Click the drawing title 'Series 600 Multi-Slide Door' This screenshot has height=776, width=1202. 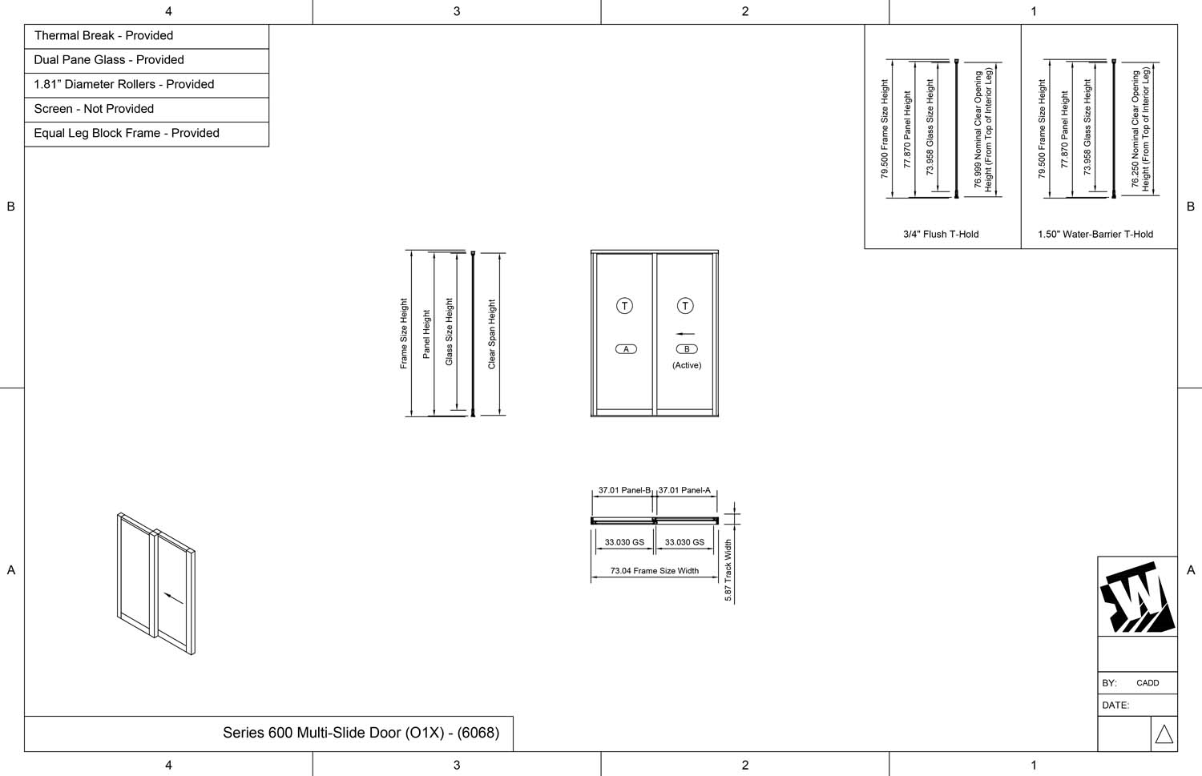pyautogui.click(x=361, y=733)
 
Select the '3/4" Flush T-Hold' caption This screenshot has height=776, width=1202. pyautogui.click(x=941, y=235)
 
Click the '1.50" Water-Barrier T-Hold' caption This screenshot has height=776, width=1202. pyautogui.click(x=1095, y=235)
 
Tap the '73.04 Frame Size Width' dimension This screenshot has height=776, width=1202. pyautogui.click(x=654, y=571)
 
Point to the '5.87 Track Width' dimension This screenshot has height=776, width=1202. pyautogui.click(x=728, y=570)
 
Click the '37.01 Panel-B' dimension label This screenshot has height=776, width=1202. pyautogui.click(x=624, y=490)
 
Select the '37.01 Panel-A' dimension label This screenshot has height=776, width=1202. pyautogui.click(x=684, y=490)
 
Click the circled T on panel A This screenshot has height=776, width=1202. pyautogui.click(x=624, y=306)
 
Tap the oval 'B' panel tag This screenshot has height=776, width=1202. pyautogui.click(x=687, y=349)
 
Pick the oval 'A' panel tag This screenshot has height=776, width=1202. pyautogui.click(x=626, y=349)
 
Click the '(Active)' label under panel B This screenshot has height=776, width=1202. pyautogui.click(x=687, y=365)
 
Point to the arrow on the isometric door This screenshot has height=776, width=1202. pyautogui.click(x=172, y=597)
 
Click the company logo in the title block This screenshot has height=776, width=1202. pyautogui.click(x=1137, y=597)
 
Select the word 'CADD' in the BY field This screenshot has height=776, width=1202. pyautogui.click(x=1148, y=683)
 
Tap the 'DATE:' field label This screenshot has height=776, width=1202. pyautogui.click(x=1115, y=706)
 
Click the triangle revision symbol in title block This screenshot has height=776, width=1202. pyautogui.click(x=1164, y=734)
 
